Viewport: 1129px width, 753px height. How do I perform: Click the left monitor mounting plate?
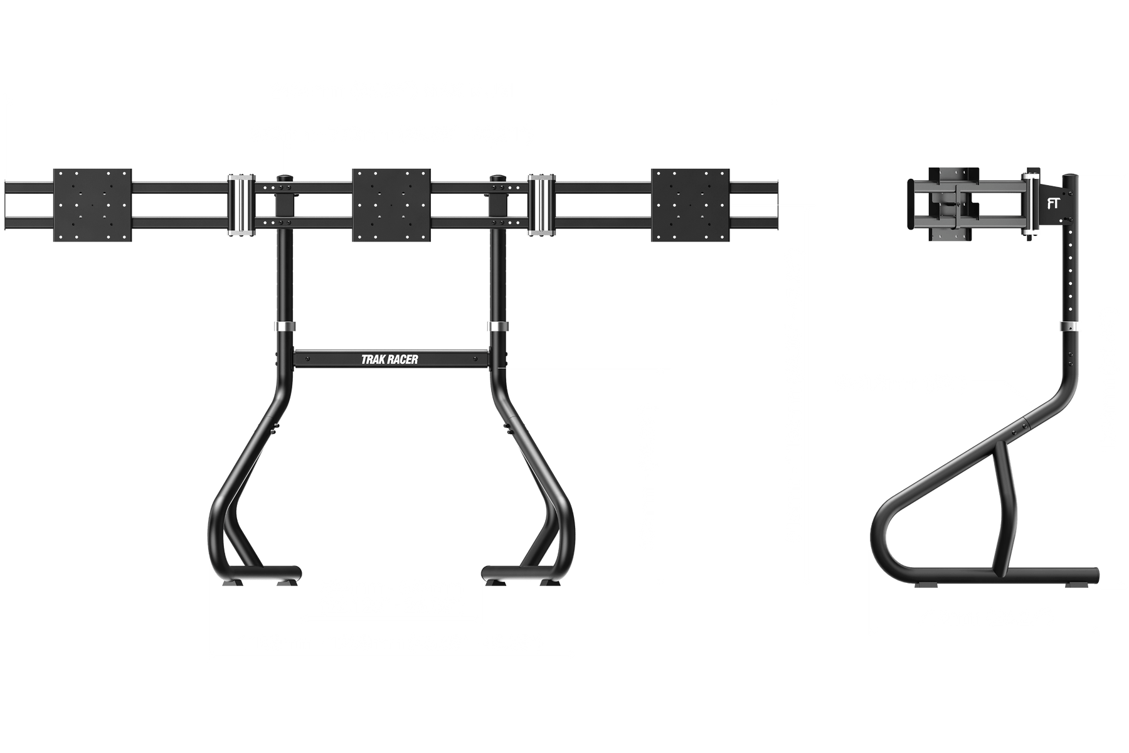point(93,205)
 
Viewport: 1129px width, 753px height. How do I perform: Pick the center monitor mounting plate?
point(391,205)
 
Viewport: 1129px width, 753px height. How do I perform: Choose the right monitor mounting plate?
point(690,205)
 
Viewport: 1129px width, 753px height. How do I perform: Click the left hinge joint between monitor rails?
point(239,205)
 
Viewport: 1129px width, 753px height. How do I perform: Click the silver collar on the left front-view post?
point(284,327)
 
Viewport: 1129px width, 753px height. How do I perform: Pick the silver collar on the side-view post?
point(1070,327)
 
